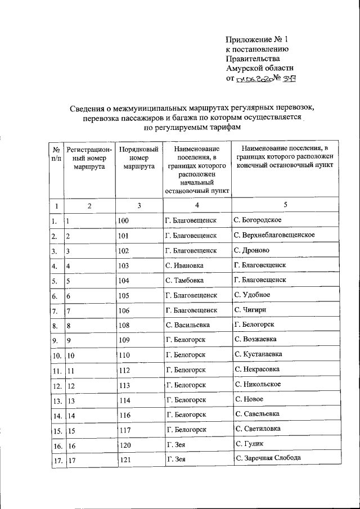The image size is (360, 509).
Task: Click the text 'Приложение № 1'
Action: [256, 40]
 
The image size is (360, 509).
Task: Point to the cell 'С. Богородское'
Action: [258, 220]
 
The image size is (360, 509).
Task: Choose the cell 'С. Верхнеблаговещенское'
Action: [274, 235]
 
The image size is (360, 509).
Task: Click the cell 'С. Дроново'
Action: [251, 250]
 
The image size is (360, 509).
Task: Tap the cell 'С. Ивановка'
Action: [185, 265]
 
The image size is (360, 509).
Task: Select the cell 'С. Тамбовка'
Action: [185, 280]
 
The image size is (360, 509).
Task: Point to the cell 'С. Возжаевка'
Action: [255, 340]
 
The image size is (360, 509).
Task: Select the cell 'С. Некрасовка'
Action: [257, 370]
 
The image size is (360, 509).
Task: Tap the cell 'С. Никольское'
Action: [258, 385]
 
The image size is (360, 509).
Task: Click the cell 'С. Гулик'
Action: [247, 444]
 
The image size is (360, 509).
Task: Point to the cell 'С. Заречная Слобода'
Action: [268, 459]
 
